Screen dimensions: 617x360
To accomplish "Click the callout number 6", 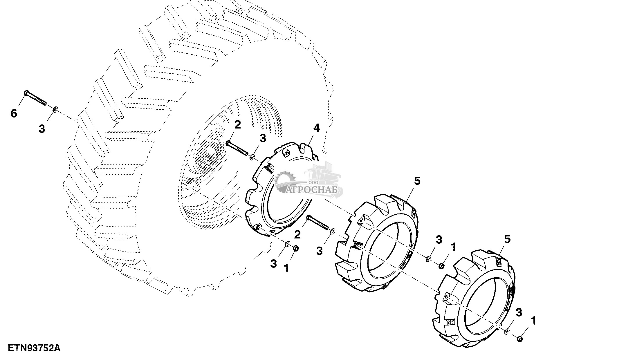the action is [x=14, y=113].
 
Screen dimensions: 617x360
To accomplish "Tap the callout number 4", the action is [x=316, y=128].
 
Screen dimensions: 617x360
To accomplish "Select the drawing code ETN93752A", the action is [x=34, y=348].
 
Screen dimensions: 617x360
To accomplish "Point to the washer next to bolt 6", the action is [x=55, y=109].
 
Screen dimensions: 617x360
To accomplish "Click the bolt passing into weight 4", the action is [x=237, y=149].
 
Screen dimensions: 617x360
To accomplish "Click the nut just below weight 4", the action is [x=296, y=249].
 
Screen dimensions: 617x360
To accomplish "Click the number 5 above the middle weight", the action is [x=417, y=181].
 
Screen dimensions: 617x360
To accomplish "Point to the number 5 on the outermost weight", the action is [x=507, y=240].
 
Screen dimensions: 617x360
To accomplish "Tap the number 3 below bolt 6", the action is [x=42, y=129].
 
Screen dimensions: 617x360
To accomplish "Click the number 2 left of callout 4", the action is [x=237, y=125].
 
